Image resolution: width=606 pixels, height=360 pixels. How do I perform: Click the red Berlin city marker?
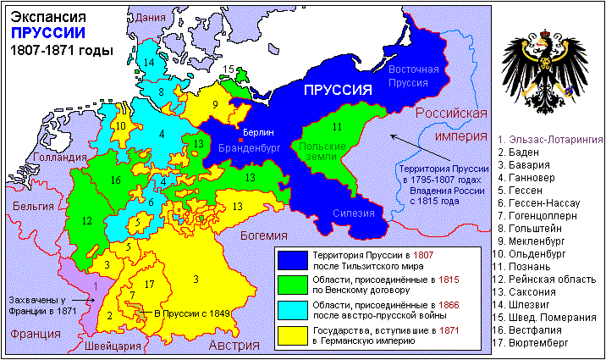241,141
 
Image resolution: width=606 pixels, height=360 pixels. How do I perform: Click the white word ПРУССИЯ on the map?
339,91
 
